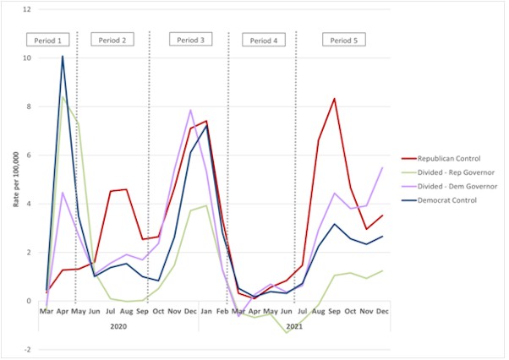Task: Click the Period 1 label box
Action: [47, 40]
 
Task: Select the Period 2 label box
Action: [112, 40]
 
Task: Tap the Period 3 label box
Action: [191, 40]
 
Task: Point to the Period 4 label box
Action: [263, 40]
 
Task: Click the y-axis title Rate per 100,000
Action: [16, 181]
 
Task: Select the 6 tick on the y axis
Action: [29, 155]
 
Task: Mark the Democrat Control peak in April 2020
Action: [62, 57]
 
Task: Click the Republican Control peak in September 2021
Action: [335, 99]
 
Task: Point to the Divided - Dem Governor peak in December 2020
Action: [191, 110]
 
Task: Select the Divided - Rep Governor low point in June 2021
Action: [287, 332]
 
